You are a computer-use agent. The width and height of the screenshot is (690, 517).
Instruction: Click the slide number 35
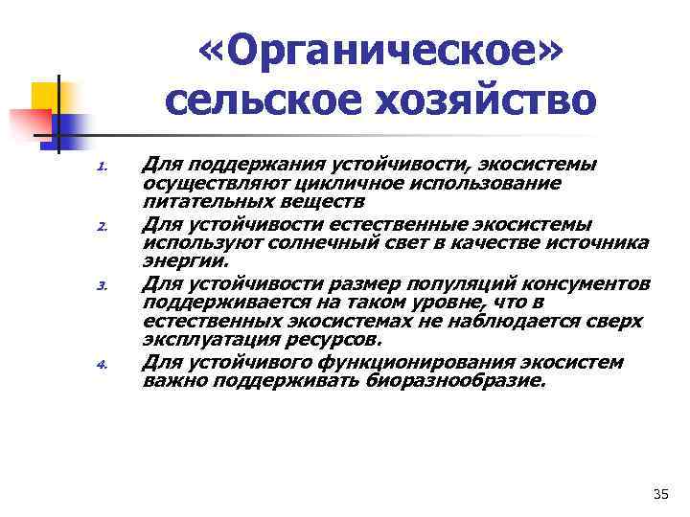pyautogui.click(x=659, y=494)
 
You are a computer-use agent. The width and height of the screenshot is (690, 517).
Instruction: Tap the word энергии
pyautogui.click(x=185, y=260)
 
